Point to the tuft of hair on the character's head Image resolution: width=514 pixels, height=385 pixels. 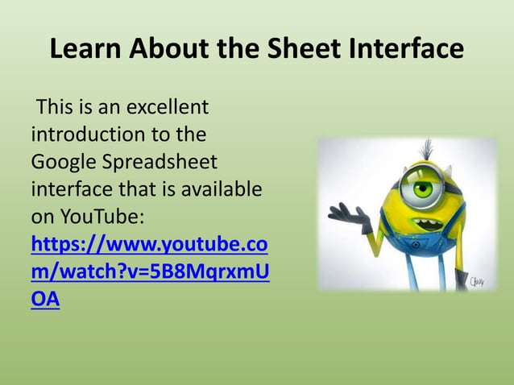click(428, 147)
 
